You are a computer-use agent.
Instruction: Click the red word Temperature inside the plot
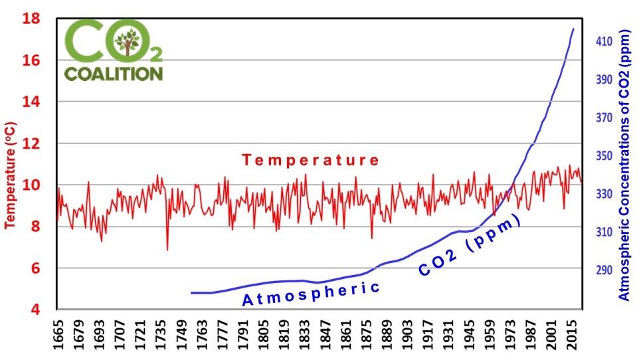310,160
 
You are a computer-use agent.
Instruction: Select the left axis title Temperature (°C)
11,175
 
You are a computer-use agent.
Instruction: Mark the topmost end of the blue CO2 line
573,29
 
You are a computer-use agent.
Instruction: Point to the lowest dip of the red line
167,250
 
